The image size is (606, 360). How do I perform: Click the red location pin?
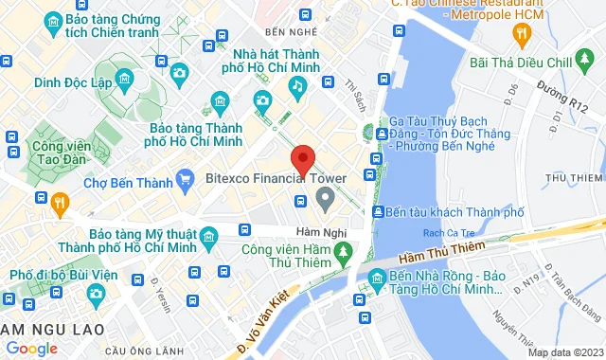[x=302, y=159]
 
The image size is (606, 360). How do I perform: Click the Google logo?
[x=31, y=349]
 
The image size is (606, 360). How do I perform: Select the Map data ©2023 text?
[x=564, y=352]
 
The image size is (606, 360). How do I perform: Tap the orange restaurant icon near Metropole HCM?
[x=520, y=35]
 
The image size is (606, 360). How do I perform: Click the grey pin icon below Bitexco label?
[x=326, y=199]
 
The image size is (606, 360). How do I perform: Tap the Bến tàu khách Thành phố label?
[x=453, y=211]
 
